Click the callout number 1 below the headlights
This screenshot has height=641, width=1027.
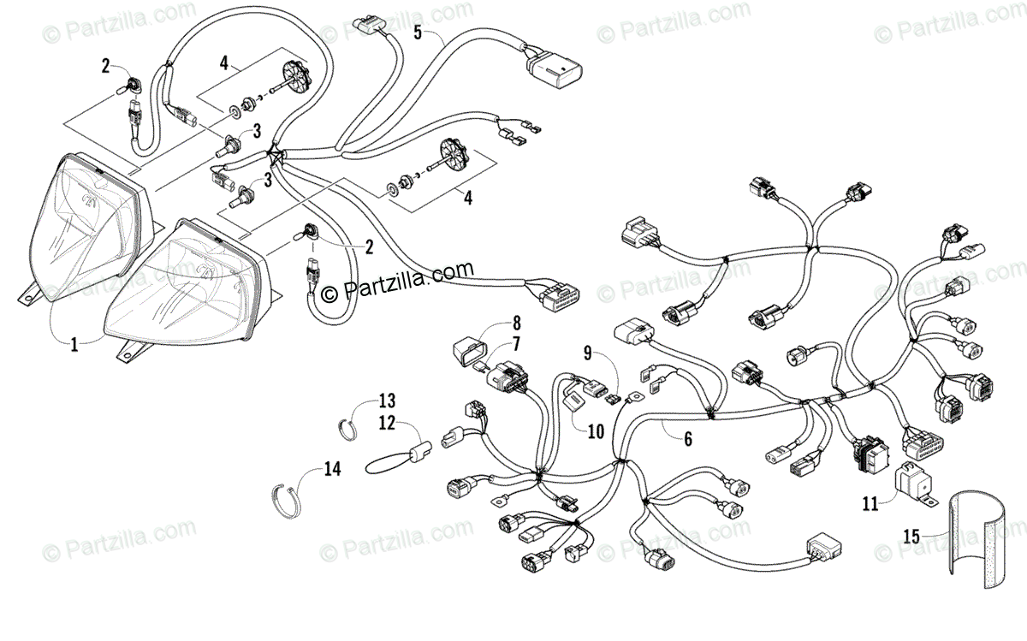[74, 345]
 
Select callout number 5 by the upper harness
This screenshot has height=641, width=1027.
[419, 33]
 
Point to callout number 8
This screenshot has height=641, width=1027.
[516, 323]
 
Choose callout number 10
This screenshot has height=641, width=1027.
[596, 432]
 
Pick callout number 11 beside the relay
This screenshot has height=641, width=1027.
[870, 505]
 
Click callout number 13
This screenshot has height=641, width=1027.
[388, 401]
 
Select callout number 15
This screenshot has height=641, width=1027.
[912, 537]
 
